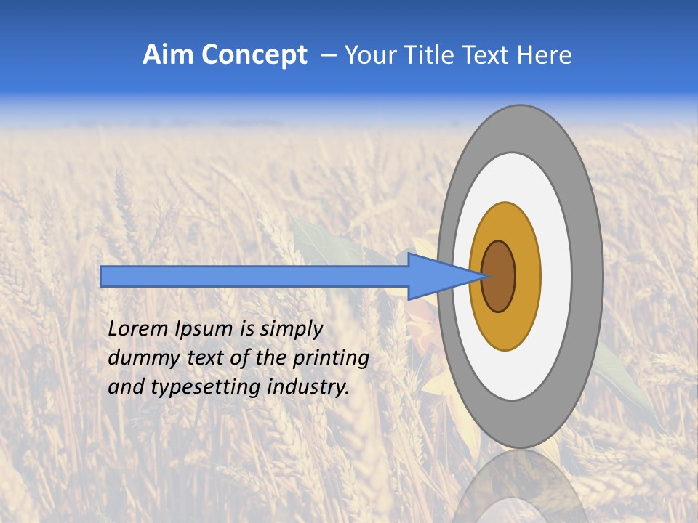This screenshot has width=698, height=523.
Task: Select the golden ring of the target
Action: pyautogui.click(x=527, y=277)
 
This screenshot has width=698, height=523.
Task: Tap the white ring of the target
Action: pyautogui.click(x=556, y=277)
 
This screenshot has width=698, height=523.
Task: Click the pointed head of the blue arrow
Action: pyautogui.click(x=444, y=276)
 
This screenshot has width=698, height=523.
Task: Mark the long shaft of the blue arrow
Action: pyautogui.click(x=254, y=276)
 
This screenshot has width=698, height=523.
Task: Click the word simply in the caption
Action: pyautogui.click(x=291, y=330)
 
